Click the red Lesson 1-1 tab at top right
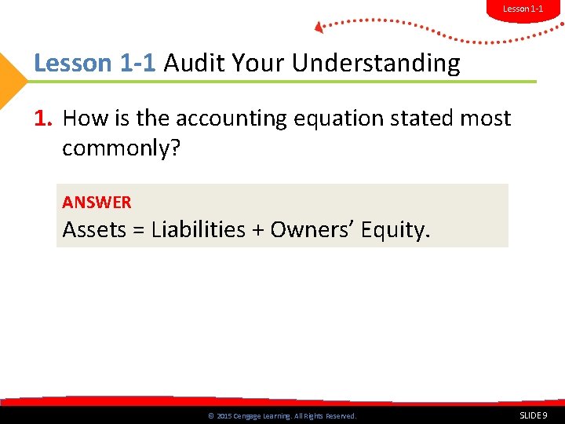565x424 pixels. tap(522, 9)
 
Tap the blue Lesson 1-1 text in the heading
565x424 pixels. tap(96, 63)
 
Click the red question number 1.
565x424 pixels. tap(43, 119)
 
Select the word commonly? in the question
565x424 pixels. tap(122, 148)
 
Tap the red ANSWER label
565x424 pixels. tap(97, 203)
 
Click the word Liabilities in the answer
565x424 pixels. tap(198, 230)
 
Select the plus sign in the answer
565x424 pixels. tap(257, 231)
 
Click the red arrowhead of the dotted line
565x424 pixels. tap(319, 27)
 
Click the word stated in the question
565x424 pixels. tap(417, 119)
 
